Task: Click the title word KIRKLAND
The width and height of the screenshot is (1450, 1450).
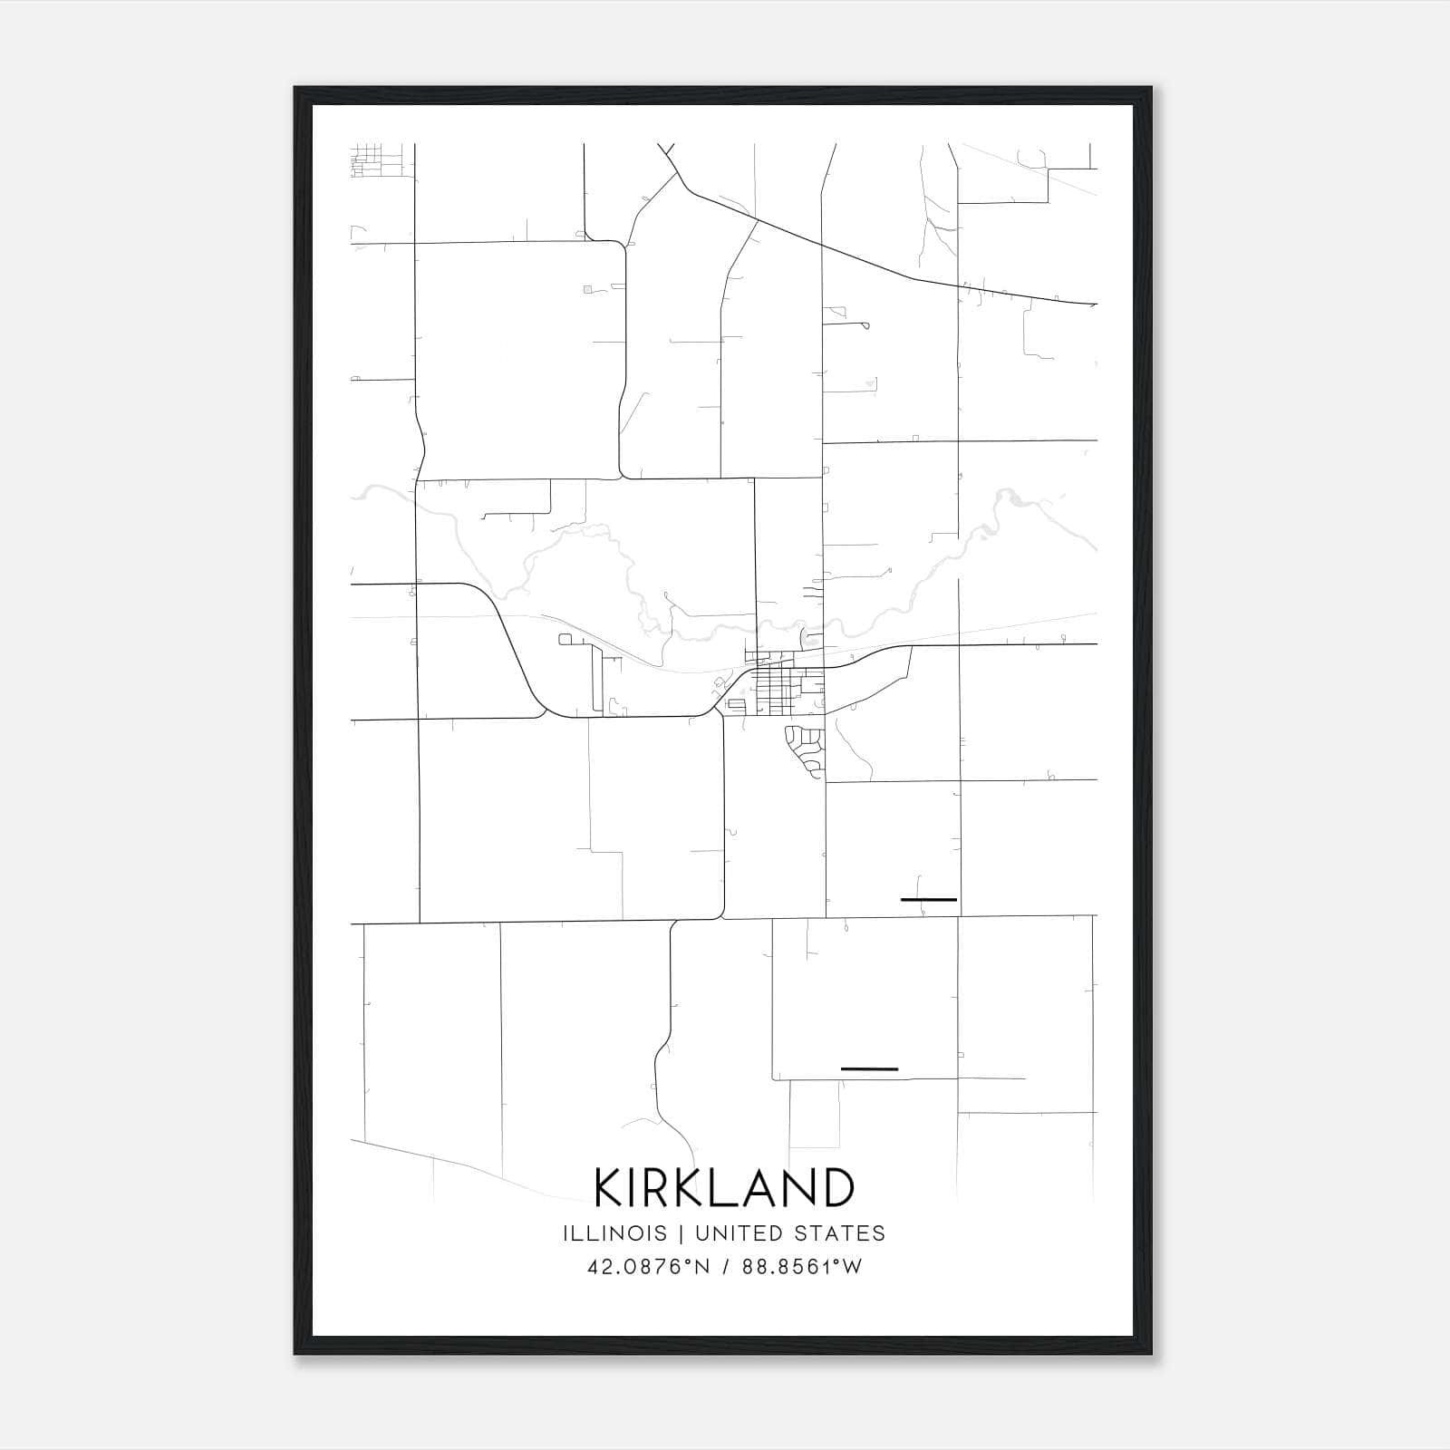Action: click(724, 1187)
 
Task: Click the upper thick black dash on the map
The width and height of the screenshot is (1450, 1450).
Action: click(929, 900)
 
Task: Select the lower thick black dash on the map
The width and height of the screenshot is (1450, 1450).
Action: click(869, 1069)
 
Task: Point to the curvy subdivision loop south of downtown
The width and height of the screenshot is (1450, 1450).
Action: click(805, 749)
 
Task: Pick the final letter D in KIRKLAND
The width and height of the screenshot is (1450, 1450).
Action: click(837, 1187)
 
